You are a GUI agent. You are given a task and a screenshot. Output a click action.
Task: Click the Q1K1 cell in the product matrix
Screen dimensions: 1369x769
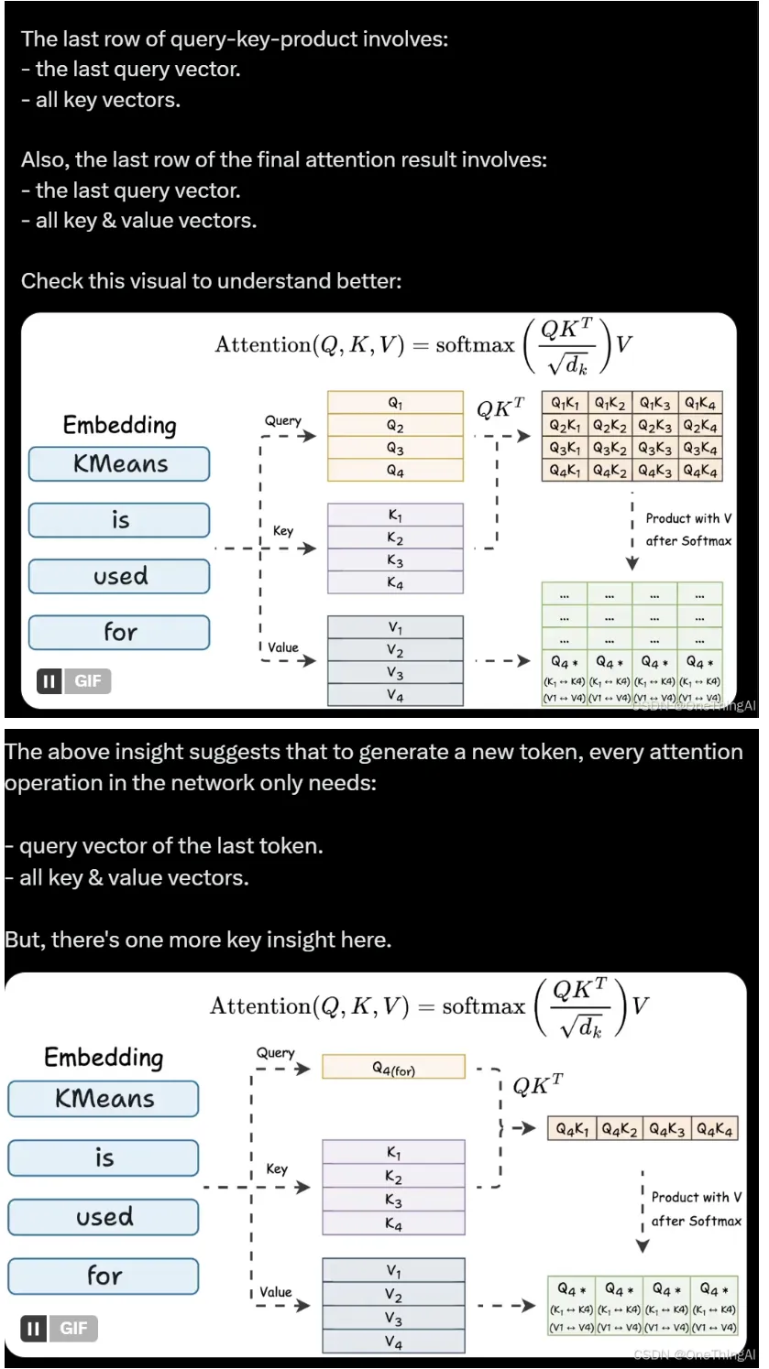[566, 403]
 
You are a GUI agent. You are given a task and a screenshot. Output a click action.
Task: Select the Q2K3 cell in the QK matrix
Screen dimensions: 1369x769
[655, 426]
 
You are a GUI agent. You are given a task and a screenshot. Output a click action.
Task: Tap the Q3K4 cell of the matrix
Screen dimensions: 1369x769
[700, 449]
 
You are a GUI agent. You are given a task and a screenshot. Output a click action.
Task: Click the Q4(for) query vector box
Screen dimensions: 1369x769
[393, 1067]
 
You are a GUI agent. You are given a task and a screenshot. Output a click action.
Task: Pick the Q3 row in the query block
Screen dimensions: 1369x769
[395, 449]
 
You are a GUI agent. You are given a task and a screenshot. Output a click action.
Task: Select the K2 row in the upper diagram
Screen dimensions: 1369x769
[395, 538]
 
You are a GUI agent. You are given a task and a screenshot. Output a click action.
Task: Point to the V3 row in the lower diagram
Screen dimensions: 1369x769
[393, 1319]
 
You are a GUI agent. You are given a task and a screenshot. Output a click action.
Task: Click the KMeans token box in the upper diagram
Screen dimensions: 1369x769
[119, 464]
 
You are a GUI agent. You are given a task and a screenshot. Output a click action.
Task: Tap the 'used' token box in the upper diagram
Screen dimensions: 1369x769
[119, 576]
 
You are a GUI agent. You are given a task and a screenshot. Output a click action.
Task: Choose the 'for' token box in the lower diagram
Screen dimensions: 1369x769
[104, 1276]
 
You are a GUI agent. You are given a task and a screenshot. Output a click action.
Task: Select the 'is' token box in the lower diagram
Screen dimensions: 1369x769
[104, 1158]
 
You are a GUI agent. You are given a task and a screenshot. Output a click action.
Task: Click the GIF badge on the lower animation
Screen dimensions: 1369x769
[73, 1328]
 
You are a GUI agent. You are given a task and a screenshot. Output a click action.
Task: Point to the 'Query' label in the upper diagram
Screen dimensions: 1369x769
[282, 420]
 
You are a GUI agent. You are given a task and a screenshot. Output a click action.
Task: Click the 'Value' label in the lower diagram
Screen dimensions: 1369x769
[275, 1292]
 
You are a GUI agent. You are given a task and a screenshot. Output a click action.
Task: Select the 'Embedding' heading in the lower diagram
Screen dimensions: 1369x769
[104, 1058]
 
